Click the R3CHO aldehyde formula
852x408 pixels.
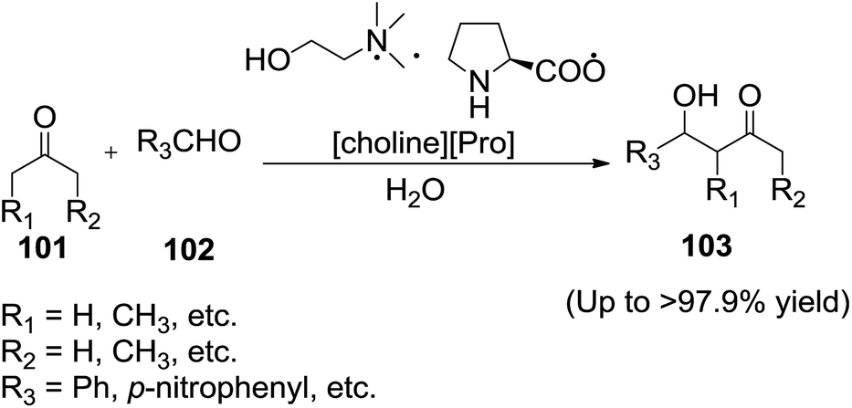pyautogui.click(x=191, y=142)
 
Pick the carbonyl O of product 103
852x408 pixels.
pyautogui.click(x=752, y=94)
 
